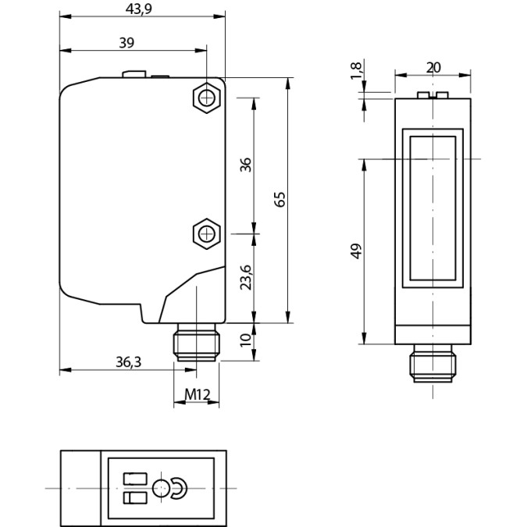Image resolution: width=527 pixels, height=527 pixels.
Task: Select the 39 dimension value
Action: [x=126, y=43]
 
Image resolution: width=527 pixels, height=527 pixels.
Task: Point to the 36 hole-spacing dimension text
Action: [x=245, y=165]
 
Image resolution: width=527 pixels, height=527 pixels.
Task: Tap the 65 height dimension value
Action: [x=280, y=199]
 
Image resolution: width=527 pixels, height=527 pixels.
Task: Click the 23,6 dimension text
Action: [x=245, y=277]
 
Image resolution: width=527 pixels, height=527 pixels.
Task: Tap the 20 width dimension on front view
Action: [x=433, y=68]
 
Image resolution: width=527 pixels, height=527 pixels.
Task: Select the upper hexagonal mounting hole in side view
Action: [x=205, y=98]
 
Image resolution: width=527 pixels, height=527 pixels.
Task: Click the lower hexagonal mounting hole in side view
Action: [x=205, y=233]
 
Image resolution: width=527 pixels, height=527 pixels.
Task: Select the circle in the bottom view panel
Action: [x=162, y=489]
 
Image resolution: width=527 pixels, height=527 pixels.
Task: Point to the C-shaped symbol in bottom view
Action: [x=180, y=489]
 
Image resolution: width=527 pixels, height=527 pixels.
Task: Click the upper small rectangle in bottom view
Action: [x=134, y=479]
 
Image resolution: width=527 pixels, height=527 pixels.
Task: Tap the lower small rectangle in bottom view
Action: [x=134, y=498]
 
